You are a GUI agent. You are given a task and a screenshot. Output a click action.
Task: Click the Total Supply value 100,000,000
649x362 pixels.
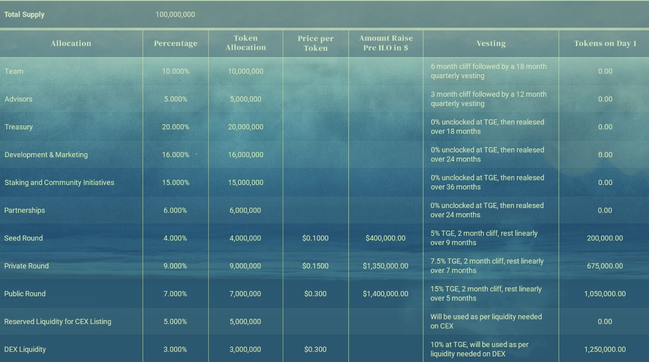click(x=175, y=15)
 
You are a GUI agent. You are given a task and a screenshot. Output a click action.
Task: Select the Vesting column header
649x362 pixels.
click(x=491, y=43)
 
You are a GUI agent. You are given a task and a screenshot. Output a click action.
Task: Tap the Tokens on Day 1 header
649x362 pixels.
click(x=605, y=43)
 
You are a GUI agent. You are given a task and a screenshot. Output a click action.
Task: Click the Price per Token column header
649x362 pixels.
click(x=315, y=43)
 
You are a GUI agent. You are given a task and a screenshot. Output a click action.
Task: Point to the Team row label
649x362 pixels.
click(x=14, y=71)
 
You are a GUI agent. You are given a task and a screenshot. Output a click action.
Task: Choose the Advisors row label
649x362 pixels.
click(x=18, y=99)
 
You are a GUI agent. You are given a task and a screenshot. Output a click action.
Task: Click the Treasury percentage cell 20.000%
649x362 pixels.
click(x=176, y=127)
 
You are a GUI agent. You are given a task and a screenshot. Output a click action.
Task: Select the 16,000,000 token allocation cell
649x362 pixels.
click(x=246, y=155)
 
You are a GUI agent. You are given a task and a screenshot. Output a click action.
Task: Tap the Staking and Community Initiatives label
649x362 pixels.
click(x=59, y=183)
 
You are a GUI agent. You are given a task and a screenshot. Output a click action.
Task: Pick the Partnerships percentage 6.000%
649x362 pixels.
click(x=175, y=210)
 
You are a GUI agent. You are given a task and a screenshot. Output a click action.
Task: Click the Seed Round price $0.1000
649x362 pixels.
click(x=315, y=238)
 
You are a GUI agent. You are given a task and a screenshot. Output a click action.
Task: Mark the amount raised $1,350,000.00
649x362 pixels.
click(x=386, y=266)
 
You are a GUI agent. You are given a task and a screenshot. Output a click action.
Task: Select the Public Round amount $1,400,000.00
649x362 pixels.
click(x=386, y=294)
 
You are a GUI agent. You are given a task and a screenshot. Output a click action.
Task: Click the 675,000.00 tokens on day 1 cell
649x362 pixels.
click(x=605, y=266)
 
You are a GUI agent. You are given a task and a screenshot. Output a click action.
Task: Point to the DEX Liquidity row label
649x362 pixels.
click(x=25, y=350)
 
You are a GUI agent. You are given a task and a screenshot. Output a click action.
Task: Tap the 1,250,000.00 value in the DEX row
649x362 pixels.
click(x=605, y=350)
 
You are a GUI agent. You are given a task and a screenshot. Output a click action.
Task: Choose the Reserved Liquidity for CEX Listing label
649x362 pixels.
click(x=58, y=322)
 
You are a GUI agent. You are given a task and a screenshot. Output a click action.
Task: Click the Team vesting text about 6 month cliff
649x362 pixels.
click(x=488, y=71)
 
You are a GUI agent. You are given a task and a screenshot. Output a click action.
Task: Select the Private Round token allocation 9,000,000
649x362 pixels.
click(x=245, y=266)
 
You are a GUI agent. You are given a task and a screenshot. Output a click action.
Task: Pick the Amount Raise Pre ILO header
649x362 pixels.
click(x=386, y=43)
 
